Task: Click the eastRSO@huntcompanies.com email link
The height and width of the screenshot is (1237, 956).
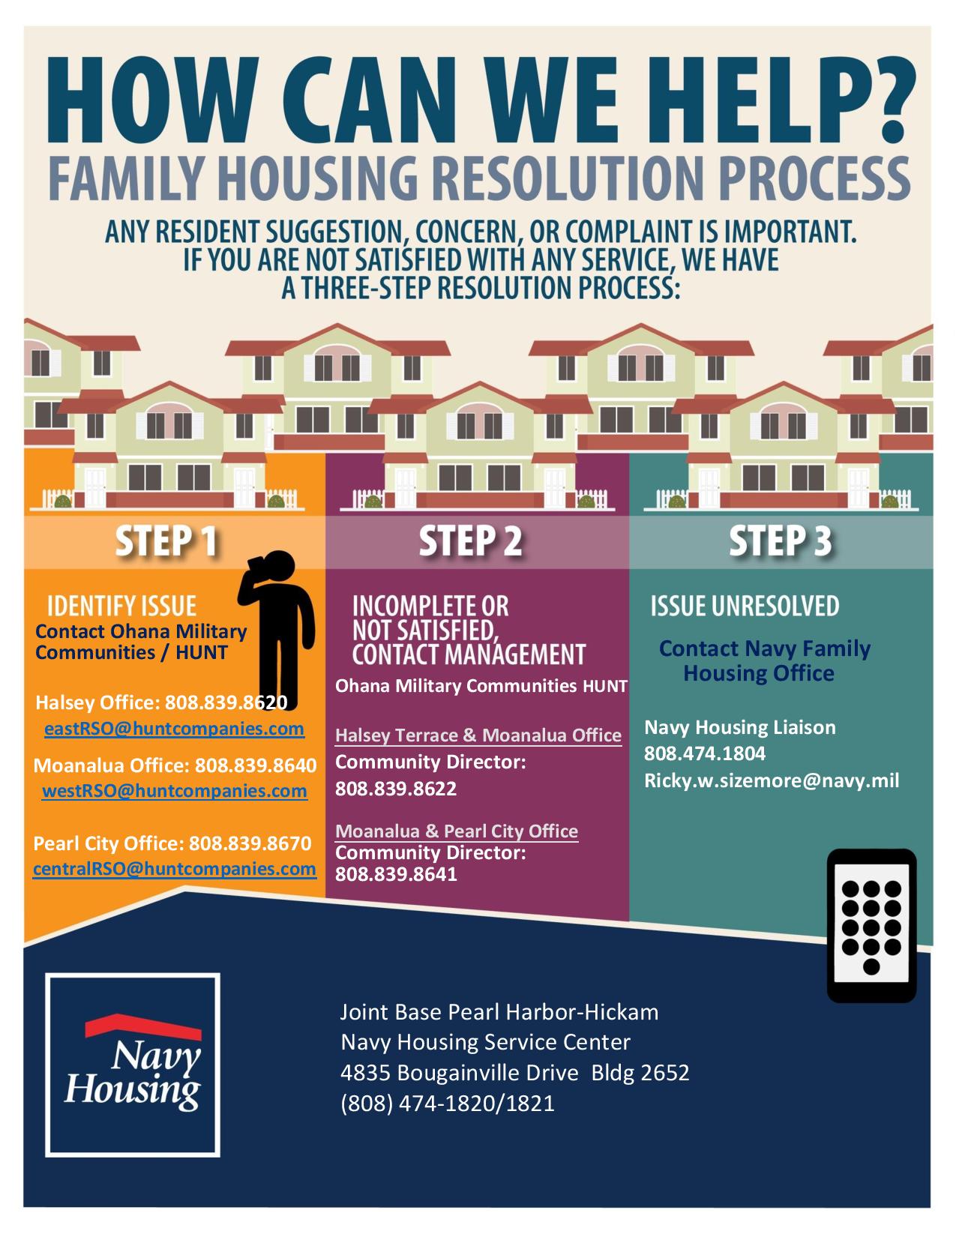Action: click(174, 729)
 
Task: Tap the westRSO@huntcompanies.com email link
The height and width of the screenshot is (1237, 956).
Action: click(174, 791)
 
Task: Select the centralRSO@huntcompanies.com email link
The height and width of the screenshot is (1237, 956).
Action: click(174, 869)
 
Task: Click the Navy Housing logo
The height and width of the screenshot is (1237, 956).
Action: click(133, 1065)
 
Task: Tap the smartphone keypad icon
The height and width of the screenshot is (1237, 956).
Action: click(871, 926)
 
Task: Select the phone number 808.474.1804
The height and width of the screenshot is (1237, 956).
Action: click(705, 753)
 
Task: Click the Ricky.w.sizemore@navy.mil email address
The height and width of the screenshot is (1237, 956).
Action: click(772, 780)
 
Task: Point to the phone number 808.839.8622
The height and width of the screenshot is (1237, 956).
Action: click(396, 789)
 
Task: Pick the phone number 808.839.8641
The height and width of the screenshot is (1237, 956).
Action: click(396, 874)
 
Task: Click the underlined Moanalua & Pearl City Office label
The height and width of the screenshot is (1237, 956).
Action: click(457, 831)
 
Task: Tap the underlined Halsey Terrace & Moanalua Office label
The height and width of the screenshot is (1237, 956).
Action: click(478, 735)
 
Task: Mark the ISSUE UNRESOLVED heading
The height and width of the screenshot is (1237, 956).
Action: click(745, 607)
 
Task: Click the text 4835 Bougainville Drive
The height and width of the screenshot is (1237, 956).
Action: click(459, 1073)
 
